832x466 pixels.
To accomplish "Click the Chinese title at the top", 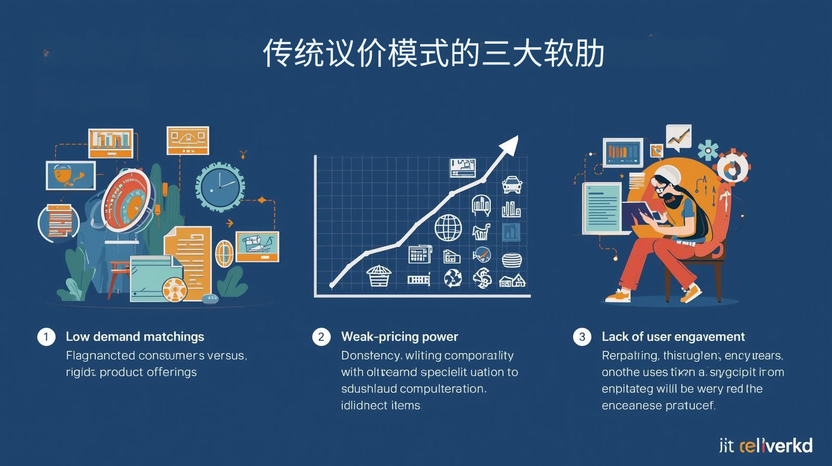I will click(433, 53).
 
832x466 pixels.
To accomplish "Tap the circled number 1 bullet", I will click(46, 337).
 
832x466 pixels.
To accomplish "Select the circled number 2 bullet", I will click(321, 337).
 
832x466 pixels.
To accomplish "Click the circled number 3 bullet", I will click(582, 337).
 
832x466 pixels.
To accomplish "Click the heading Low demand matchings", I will click(135, 336).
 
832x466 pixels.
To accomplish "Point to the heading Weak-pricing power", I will click(399, 336).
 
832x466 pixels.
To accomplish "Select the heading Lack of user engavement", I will click(673, 336).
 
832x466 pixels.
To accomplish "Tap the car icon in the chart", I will click(512, 184).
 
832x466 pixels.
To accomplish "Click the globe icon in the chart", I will click(448, 228).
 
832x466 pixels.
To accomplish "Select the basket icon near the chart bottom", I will click(378, 276).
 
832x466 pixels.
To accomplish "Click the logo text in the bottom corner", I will click(765, 446).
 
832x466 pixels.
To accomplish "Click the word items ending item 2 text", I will click(405, 405).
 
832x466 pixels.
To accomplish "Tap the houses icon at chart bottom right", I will click(512, 281).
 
